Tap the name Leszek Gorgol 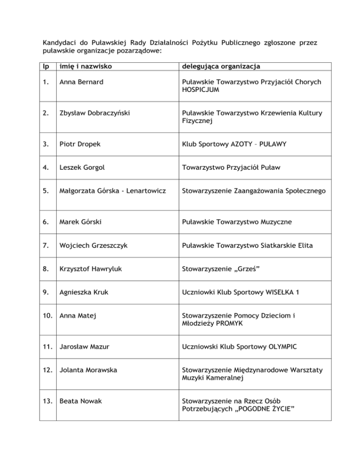pyautogui.click(x=79, y=168)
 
